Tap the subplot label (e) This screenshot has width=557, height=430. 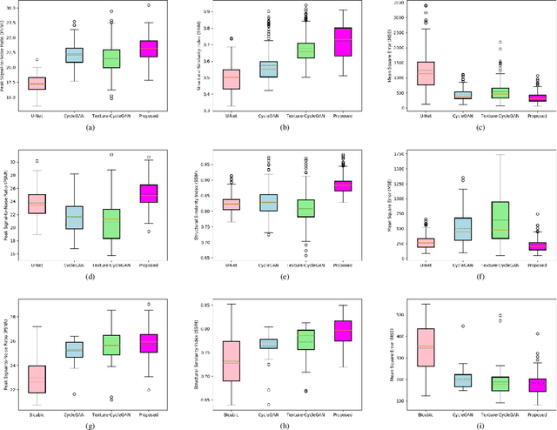tap(283, 276)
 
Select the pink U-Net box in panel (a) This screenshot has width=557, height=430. tap(37, 84)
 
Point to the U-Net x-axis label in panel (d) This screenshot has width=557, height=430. tap(37, 263)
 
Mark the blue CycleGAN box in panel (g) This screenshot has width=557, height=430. tap(74, 350)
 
